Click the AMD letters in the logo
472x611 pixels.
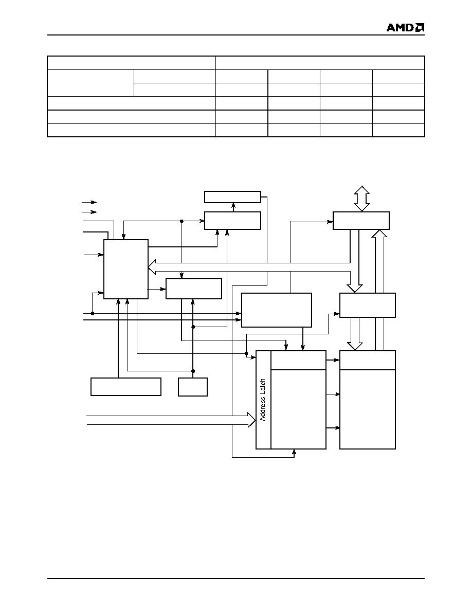point(400,27)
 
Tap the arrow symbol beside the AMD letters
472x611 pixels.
point(420,27)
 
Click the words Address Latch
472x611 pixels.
point(263,400)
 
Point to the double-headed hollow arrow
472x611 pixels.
point(361,199)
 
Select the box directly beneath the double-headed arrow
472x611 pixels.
point(361,221)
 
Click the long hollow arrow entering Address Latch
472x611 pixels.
point(171,420)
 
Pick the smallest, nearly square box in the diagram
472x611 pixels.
point(193,387)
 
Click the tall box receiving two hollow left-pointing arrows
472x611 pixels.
point(126,269)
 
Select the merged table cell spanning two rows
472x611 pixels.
point(90,83)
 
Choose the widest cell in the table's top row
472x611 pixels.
point(320,63)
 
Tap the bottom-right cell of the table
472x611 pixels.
point(398,130)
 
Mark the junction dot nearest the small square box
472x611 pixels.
point(193,371)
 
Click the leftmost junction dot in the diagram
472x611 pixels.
point(93,313)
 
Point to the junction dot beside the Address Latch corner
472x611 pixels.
point(246,353)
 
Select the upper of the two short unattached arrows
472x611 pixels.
point(89,202)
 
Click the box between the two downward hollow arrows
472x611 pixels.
point(367,305)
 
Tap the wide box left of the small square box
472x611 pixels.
point(126,387)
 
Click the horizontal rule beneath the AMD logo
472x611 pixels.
point(236,35)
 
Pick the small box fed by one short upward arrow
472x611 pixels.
point(232,197)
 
